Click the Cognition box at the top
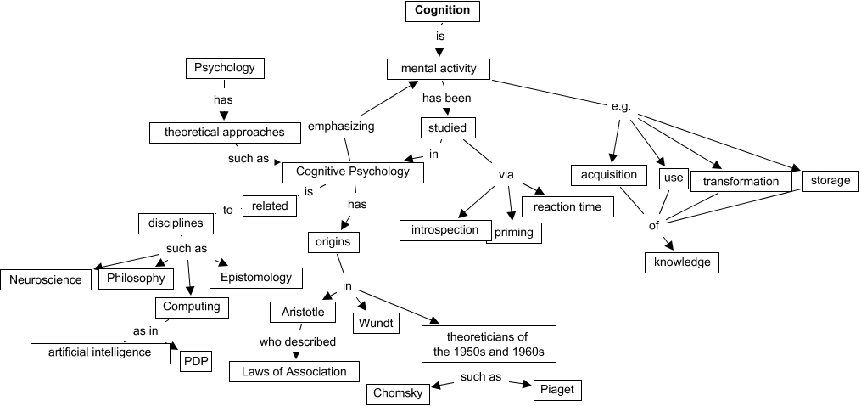click(442, 11)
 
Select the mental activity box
click(438, 69)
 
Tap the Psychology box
click(225, 68)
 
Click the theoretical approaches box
click(224, 132)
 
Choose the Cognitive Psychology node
click(353, 172)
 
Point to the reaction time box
click(567, 206)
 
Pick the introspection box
click(445, 230)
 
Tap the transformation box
click(741, 181)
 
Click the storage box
click(830, 180)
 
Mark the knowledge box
click(681, 262)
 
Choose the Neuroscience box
click(47, 279)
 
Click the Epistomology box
click(255, 277)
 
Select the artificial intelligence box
click(101, 352)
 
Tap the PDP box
click(196, 364)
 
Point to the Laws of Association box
click(294, 371)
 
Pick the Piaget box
click(556, 390)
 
